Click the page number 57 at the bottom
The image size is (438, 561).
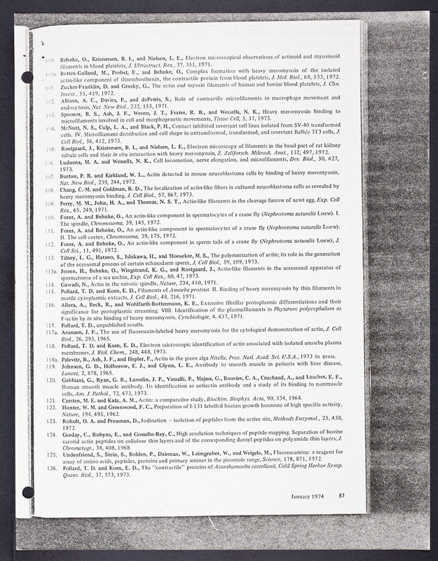tap(341, 496)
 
